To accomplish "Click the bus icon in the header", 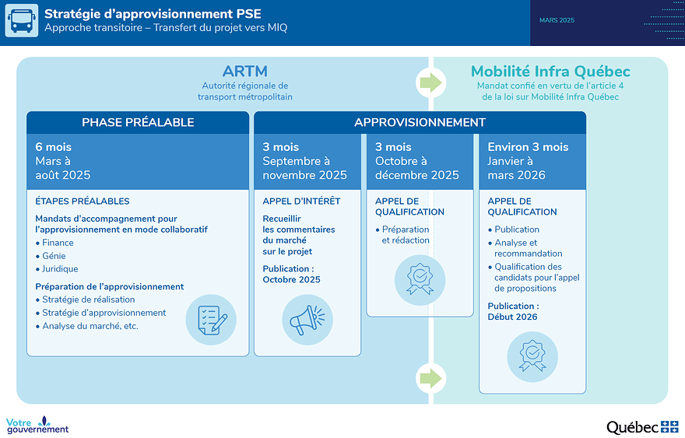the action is click(x=22, y=20).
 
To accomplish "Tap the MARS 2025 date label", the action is click(x=557, y=20).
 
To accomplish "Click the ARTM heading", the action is click(x=244, y=71).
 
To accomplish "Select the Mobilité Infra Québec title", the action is click(x=550, y=71).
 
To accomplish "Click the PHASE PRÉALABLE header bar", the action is click(x=138, y=122).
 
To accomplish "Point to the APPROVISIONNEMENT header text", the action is click(x=420, y=122).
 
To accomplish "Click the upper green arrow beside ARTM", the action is click(x=430, y=82).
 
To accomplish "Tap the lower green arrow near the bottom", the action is click(x=430, y=378).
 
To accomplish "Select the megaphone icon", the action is click(x=307, y=320).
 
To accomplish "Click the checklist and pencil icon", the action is click(x=211, y=320).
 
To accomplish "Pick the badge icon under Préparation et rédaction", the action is click(x=420, y=280).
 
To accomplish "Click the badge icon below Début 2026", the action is click(x=532, y=357).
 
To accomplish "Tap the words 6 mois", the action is click(x=53, y=147).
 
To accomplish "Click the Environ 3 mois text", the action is click(x=529, y=147).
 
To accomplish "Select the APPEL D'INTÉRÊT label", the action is click(x=301, y=201).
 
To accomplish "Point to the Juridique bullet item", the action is click(x=57, y=269).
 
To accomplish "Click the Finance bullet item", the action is click(x=54, y=243).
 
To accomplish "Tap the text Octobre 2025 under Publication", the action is click(x=291, y=279).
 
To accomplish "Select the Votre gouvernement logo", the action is click(x=37, y=425).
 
